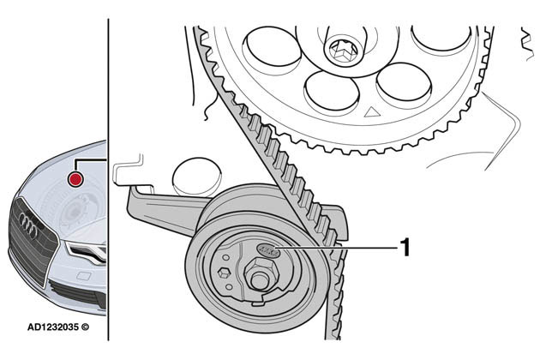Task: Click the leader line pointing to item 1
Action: click(x=343, y=249)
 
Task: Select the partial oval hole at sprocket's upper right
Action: click(x=441, y=36)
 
